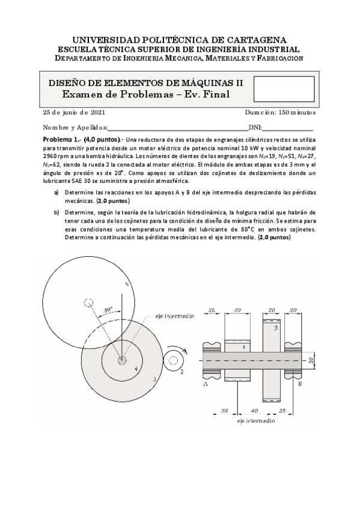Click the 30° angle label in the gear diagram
109,311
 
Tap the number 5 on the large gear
126,283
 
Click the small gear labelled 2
174,360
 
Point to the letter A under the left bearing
206,383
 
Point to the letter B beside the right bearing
300,383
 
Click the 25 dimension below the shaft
282,410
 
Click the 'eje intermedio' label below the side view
256,422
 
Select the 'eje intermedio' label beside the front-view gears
174,315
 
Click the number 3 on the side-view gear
275,328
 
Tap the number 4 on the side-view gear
242,348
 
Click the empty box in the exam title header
284,89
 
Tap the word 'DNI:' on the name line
255,127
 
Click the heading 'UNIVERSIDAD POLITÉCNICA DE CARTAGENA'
179,38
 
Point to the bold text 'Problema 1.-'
65,140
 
